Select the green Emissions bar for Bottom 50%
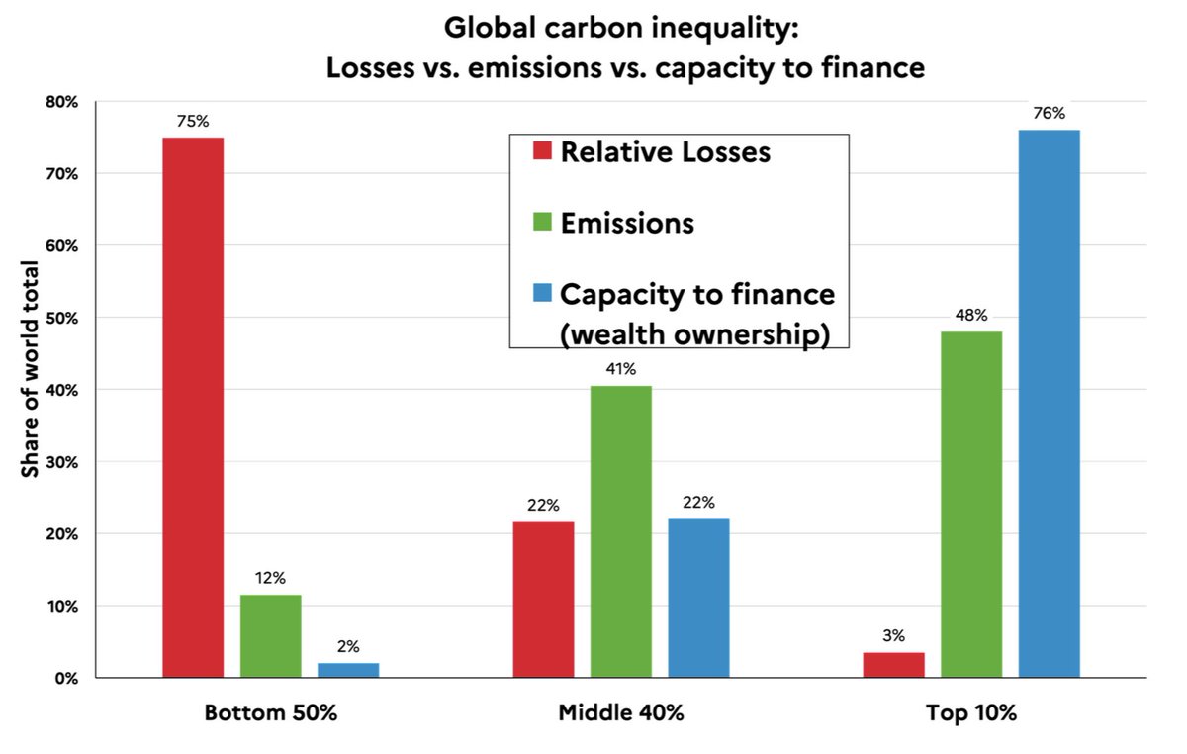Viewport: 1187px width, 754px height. coord(270,636)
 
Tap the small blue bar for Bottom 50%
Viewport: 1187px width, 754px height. coord(348,670)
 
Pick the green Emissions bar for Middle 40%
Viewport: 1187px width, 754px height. coord(621,531)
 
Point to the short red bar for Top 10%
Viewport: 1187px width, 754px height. coord(893,665)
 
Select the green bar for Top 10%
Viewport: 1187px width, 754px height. coord(971,505)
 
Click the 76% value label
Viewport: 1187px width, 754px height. coord(1049,114)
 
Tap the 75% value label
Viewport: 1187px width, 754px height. coord(193,121)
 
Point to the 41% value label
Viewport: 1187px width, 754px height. coord(621,369)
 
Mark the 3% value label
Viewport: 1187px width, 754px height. coord(893,636)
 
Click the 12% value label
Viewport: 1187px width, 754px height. coord(270,578)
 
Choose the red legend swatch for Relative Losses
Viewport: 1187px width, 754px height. coord(541,152)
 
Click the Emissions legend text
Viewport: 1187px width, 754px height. coord(627,224)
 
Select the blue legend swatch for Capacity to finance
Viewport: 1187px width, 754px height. coord(541,295)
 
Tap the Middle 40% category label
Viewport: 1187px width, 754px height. coord(620,713)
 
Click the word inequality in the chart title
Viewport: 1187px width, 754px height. coord(708,27)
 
